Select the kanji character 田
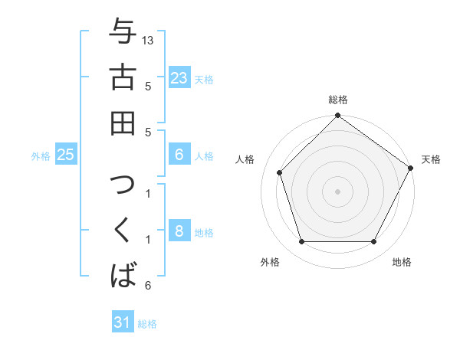pos(123,123)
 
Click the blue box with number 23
pos(179,77)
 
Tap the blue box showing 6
pos(179,155)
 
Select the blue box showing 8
pos(179,231)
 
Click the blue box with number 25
pos(66,155)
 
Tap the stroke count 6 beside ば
pos(147,286)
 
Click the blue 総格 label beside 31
pos(147,324)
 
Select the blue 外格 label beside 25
pos(41,156)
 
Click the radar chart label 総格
pos(337,100)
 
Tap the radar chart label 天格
pos(431,159)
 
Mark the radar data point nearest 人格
pos(280,172)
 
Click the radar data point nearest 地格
pos(374,242)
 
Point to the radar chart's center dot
pos(337,191)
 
